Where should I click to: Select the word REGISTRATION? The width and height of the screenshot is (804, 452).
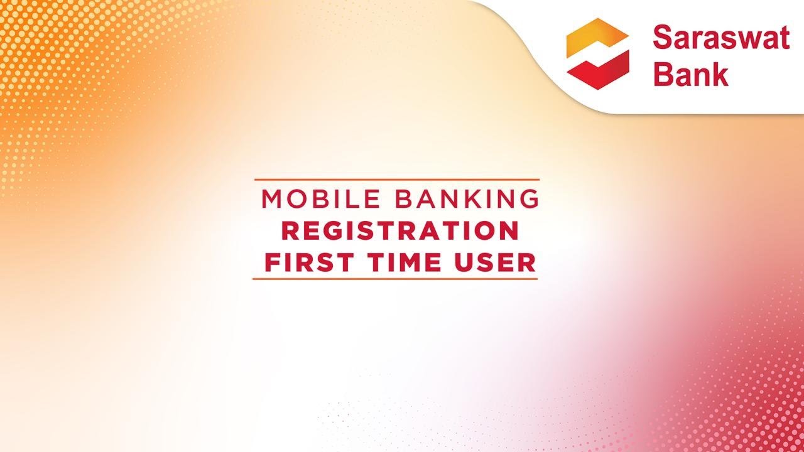pyautogui.click(x=399, y=230)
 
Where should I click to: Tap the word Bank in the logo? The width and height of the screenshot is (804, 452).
pyautogui.click(x=691, y=74)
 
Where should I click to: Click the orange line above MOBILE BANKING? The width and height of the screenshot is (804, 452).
pyautogui.click(x=396, y=180)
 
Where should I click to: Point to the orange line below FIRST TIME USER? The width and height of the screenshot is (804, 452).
pyautogui.click(x=395, y=278)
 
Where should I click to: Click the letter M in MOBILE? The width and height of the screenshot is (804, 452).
pyautogui.click(x=271, y=199)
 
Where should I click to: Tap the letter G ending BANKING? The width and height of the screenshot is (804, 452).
pyautogui.click(x=530, y=199)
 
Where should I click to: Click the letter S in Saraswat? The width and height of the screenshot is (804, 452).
pyautogui.click(x=663, y=38)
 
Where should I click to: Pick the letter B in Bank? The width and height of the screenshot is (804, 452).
pyautogui.click(x=663, y=74)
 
